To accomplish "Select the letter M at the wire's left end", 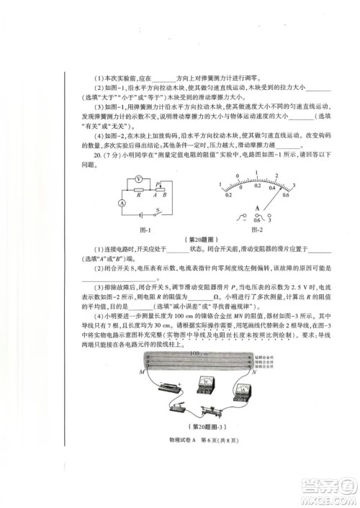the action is (135, 393).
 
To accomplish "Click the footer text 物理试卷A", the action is (161, 468).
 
